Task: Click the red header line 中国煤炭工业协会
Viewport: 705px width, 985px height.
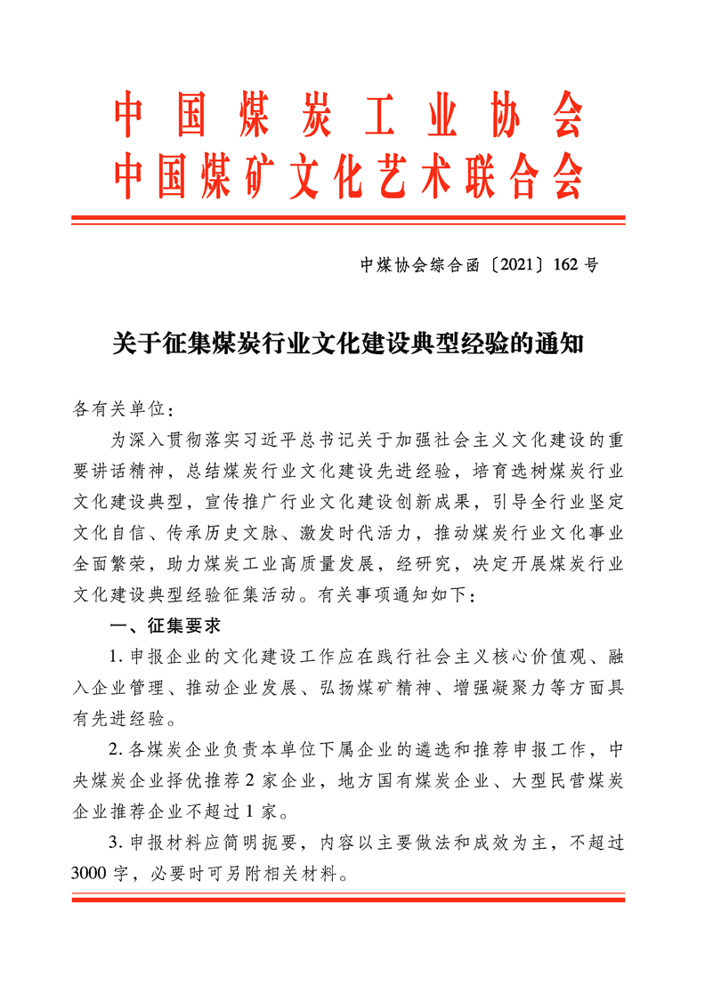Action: (348, 116)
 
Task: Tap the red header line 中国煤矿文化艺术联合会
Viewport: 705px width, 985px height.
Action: (348, 174)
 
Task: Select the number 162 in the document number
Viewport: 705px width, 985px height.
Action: (566, 264)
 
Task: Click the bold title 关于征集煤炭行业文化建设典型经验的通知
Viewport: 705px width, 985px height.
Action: (348, 343)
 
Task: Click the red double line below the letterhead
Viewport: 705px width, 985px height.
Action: (348, 218)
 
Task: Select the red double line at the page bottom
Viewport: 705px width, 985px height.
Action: (348, 900)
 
